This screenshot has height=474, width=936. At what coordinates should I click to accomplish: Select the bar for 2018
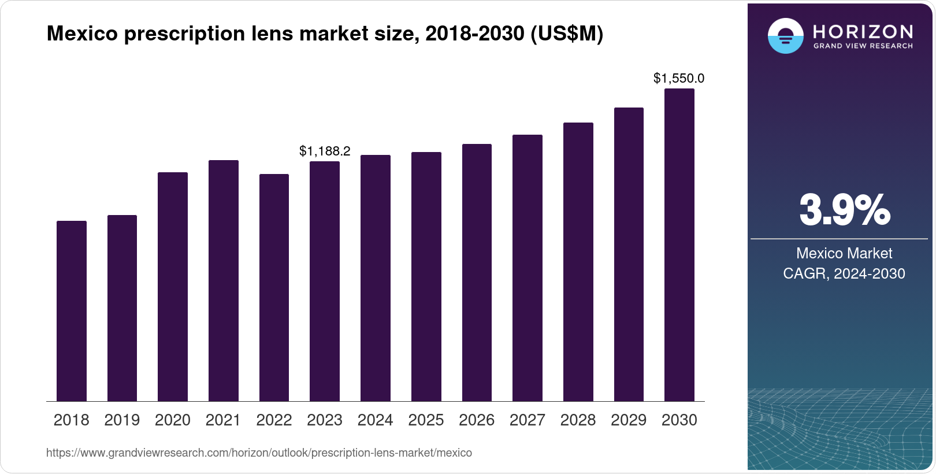(x=72, y=311)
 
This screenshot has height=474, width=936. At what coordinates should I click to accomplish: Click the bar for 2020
(x=173, y=287)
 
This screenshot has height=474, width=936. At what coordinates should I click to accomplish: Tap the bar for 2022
(x=274, y=287)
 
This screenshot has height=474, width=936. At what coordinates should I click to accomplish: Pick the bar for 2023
(x=325, y=282)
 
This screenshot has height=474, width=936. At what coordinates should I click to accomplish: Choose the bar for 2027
(x=528, y=268)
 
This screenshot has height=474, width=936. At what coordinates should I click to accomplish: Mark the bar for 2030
(x=679, y=245)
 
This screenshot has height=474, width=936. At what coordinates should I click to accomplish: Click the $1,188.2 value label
(x=325, y=151)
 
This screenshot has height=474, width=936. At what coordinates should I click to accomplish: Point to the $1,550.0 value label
(x=679, y=78)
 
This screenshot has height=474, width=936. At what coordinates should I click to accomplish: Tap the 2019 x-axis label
(x=122, y=420)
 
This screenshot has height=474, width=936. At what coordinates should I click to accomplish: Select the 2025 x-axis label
(x=426, y=420)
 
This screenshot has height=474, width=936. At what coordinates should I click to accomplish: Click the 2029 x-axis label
(x=629, y=420)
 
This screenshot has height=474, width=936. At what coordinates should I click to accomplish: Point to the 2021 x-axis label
(x=223, y=420)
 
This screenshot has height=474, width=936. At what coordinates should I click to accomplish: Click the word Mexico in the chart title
(x=82, y=34)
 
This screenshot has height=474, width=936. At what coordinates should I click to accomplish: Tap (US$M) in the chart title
(x=567, y=34)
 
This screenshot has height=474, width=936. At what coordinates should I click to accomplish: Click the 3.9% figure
(x=845, y=210)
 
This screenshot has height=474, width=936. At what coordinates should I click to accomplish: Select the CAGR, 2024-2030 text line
(x=844, y=274)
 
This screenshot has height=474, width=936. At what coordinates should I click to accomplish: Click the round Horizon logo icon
(x=786, y=36)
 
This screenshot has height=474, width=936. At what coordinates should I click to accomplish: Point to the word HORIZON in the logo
(x=863, y=32)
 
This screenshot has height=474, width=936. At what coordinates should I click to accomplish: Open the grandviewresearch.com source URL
(x=259, y=453)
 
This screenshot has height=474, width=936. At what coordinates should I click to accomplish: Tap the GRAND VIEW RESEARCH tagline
(x=863, y=46)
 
